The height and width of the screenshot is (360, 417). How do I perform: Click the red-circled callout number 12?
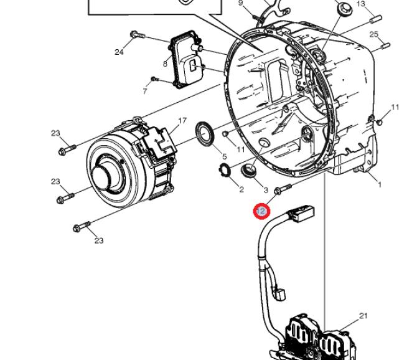click(261, 212)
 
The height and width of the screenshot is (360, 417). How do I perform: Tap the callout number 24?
click(119, 52)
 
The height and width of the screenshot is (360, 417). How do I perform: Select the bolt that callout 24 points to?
click(138, 35)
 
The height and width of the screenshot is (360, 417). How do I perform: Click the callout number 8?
click(165, 64)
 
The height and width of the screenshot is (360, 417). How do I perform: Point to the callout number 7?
click(145, 92)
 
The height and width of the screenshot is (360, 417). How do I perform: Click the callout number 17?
click(182, 121)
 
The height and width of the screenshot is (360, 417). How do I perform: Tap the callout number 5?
click(225, 157)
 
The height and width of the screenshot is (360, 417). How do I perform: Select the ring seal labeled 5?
click(204, 134)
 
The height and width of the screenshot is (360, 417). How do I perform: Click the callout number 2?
click(241, 189)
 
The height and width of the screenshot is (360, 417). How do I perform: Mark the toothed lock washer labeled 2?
click(223, 168)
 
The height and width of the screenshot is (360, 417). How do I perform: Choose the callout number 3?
click(266, 190)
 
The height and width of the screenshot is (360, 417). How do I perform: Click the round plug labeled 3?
click(249, 170)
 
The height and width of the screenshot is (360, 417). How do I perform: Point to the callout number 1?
click(380, 184)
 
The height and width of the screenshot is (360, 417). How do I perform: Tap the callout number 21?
click(363, 316)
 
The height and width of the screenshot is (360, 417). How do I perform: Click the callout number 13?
click(360, 4)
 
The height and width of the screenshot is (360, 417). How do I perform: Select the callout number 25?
click(373, 34)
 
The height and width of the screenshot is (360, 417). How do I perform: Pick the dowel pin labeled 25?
click(386, 45)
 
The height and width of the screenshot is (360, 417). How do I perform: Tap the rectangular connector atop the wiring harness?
click(302, 214)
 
